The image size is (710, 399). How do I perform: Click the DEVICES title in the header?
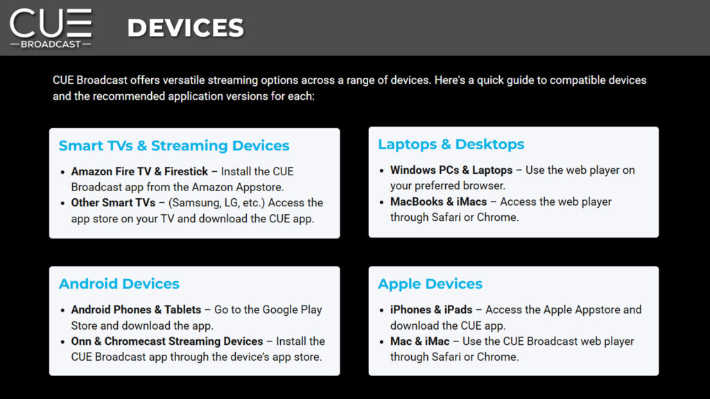click(186, 28)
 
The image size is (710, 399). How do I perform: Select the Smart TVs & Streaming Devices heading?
click(174, 145)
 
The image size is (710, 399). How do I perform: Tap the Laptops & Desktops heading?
click(451, 144)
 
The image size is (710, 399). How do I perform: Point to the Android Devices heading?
click(119, 283)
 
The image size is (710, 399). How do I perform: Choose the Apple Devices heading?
click(430, 283)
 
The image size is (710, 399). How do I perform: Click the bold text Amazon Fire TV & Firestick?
click(139, 172)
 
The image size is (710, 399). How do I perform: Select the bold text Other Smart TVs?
click(113, 203)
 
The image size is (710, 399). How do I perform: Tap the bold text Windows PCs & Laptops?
click(451, 170)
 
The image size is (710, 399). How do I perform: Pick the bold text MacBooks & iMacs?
click(438, 202)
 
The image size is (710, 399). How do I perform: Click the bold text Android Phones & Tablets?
click(136, 310)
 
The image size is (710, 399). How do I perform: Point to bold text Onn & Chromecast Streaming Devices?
click(167, 341)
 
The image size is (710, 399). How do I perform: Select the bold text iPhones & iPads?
click(431, 310)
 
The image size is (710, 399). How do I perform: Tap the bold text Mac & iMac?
click(419, 341)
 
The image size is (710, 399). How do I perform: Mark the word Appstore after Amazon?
click(259, 187)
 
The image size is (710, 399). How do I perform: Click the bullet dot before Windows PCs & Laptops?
click(381, 171)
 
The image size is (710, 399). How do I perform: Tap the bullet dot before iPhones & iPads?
click(381, 311)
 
